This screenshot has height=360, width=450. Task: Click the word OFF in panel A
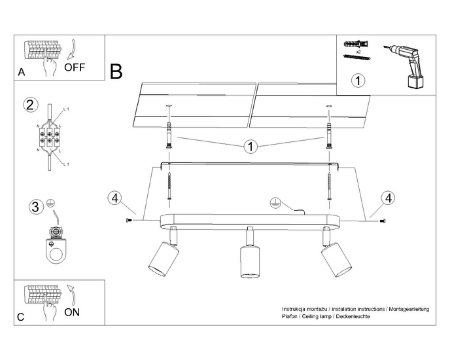[x=75, y=67]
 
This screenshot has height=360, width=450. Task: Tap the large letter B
[x=116, y=71]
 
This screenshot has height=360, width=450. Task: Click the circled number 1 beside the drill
[x=358, y=82]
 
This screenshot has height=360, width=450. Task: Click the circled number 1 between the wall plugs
[x=249, y=146]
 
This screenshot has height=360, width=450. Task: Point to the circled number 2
[x=29, y=105]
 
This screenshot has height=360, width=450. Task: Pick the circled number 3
[x=35, y=208]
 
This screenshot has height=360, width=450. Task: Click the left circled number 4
[x=114, y=198]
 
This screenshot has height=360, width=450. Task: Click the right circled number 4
[x=389, y=198]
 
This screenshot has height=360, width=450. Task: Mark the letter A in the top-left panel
[x=22, y=73]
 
